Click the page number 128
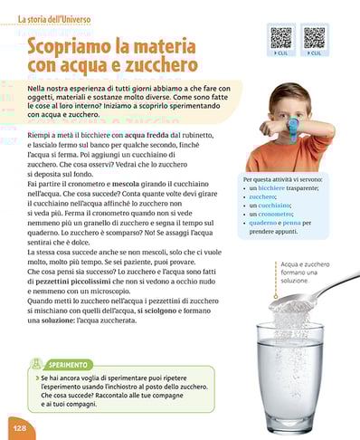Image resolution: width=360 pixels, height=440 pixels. click(17, 426)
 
